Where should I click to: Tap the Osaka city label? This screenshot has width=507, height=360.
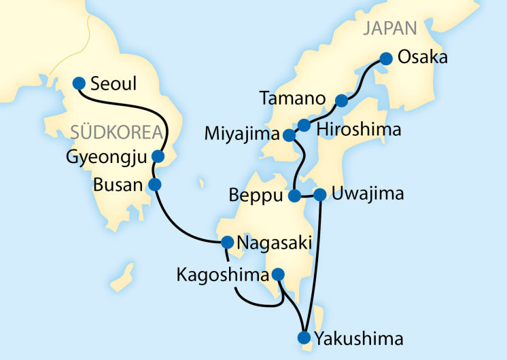423,58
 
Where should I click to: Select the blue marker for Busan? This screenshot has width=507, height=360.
154,184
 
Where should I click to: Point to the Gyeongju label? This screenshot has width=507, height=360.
107,158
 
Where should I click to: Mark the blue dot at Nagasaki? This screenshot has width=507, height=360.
228,242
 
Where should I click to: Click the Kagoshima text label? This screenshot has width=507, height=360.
222,275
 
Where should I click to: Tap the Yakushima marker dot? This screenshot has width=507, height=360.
303,338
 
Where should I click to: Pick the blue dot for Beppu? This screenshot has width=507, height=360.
294,196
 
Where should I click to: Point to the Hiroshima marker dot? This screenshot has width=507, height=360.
304,125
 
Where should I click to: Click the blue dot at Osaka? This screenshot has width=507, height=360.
385,58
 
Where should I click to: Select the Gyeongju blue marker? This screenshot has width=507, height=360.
158,156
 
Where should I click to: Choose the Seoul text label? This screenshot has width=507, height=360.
114,84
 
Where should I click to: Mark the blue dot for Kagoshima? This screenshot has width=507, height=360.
277,274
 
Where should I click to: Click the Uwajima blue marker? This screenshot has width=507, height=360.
319,195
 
